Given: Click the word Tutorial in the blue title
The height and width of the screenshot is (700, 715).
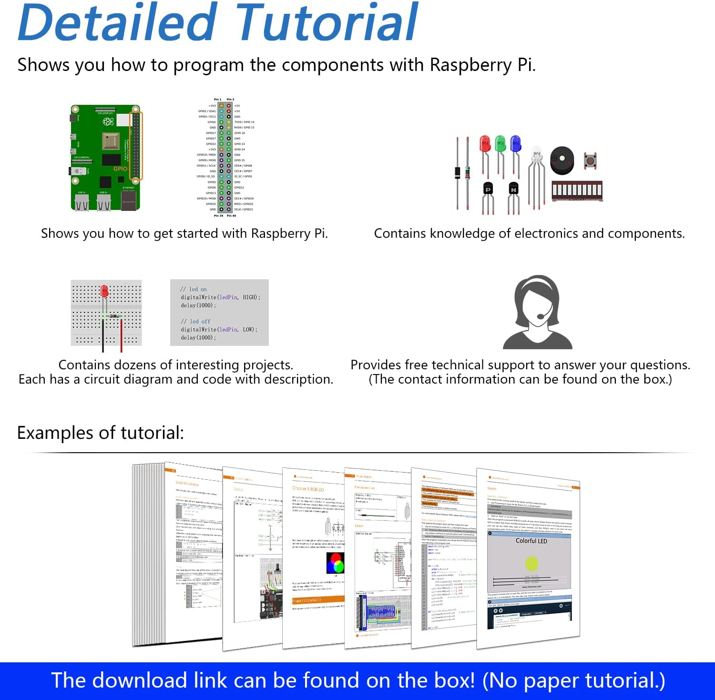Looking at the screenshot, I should pyautogui.click(x=327, y=23).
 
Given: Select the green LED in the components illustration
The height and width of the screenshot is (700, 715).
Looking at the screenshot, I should pyautogui.click(x=500, y=143).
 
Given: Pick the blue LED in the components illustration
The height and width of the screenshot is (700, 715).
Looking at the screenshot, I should pyautogui.click(x=515, y=143).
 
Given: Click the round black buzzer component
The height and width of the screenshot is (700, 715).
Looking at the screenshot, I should pyautogui.click(x=562, y=160).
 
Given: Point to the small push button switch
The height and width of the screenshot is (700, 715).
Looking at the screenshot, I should pyautogui.click(x=590, y=161).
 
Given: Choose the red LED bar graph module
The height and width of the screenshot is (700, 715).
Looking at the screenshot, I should pyautogui.click(x=577, y=191).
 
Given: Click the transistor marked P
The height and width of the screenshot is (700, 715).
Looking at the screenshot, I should pyautogui.click(x=488, y=189).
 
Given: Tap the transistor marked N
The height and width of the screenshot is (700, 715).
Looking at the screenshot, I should pyautogui.click(x=513, y=189).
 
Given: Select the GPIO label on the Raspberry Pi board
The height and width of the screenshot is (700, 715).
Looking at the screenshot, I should pyautogui.click(x=120, y=169).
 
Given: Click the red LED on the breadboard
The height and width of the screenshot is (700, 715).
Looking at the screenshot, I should pyautogui.click(x=104, y=291).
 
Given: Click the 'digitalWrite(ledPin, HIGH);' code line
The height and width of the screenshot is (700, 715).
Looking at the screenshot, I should pyautogui.click(x=220, y=297).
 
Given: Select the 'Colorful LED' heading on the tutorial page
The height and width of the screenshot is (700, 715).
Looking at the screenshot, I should pyautogui.click(x=531, y=541).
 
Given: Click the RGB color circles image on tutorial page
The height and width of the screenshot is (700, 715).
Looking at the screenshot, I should pyautogui.click(x=335, y=563).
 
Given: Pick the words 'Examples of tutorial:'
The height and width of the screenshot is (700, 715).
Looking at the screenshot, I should pyautogui.click(x=100, y=433).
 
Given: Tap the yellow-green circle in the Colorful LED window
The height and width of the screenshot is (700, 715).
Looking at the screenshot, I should pyautogui.click(x=531, y=563).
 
